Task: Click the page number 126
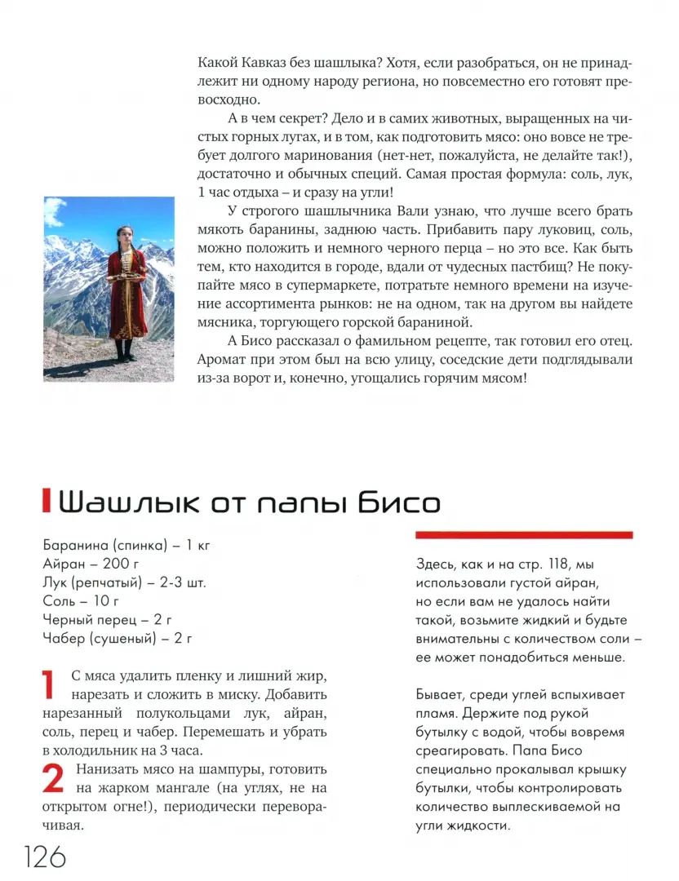coord(44,857)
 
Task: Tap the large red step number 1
coord(51,685)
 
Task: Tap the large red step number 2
coord(53,779)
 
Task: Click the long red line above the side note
coord(524,535)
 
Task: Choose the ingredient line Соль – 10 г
coord(82,601)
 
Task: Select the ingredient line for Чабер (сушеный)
coord(117,639)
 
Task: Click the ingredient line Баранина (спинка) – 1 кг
coord(126,545)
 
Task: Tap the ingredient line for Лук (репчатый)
coord(124,582)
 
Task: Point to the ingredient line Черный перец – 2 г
coord(107,620)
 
